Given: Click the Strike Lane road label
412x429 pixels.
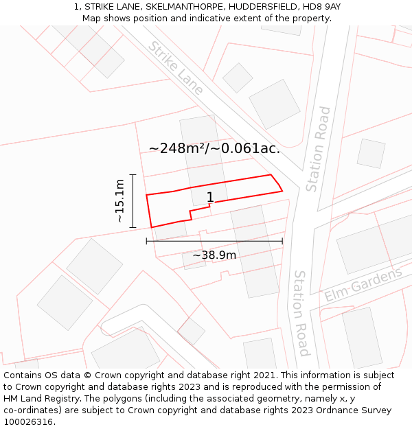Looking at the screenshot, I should pos(176,67).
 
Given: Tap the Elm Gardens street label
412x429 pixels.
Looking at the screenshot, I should pos(363,285).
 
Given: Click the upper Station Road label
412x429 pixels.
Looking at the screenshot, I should pos(319,149).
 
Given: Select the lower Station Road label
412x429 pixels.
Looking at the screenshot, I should pos(301,313).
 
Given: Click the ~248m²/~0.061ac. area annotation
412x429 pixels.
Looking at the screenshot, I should pos(214,148).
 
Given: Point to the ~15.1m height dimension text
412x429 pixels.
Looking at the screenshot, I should pos(119,200).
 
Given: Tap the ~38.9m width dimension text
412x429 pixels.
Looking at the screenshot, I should pos(214,255).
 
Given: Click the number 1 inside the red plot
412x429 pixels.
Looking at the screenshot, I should pos(210,198).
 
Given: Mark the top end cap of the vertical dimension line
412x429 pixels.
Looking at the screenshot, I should pos(133,175).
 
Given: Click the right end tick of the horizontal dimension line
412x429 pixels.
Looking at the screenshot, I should pos(282,241).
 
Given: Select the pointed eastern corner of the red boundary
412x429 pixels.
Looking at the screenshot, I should pos(282,191).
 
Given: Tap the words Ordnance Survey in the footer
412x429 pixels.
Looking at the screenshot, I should pos(358,410).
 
